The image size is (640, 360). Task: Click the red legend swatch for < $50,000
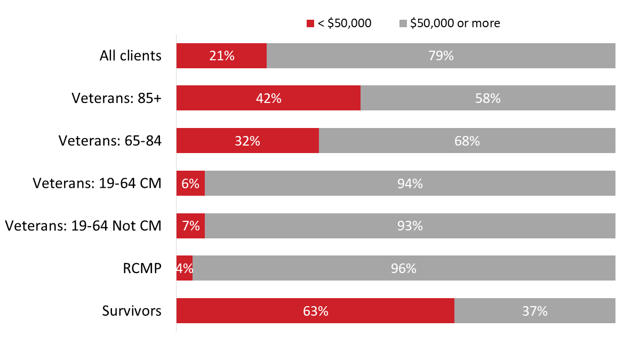click(310, 23)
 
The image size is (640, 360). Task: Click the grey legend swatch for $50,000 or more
click(403, 23)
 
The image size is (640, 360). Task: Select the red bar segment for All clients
click(221, 55)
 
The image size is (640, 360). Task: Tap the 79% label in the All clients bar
click(441, 55)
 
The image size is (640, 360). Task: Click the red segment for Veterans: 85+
click(268, 98)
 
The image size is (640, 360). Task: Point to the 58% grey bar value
click(487, 98)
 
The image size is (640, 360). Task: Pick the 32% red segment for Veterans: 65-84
click(247, 141)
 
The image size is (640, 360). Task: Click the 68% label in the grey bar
click(467, 141)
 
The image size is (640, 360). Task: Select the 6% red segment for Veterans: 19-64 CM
click(190, 183)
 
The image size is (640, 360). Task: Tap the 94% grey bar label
click(410, 183)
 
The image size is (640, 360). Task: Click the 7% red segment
click(190, 226)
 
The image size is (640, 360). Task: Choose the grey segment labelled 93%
click(410, 226)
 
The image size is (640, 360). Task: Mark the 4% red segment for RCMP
click(185, 268)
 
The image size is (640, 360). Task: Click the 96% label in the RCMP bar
click(403, 268)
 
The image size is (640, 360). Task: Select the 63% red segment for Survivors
click(315, 311)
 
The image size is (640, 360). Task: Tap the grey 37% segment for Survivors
click(534, 311)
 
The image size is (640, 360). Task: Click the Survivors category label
click(132, 311)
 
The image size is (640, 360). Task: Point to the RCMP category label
click(143, 268)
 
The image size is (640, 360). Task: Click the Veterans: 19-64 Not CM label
click(83, 226)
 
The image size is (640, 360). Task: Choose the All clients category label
click(130, 55)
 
